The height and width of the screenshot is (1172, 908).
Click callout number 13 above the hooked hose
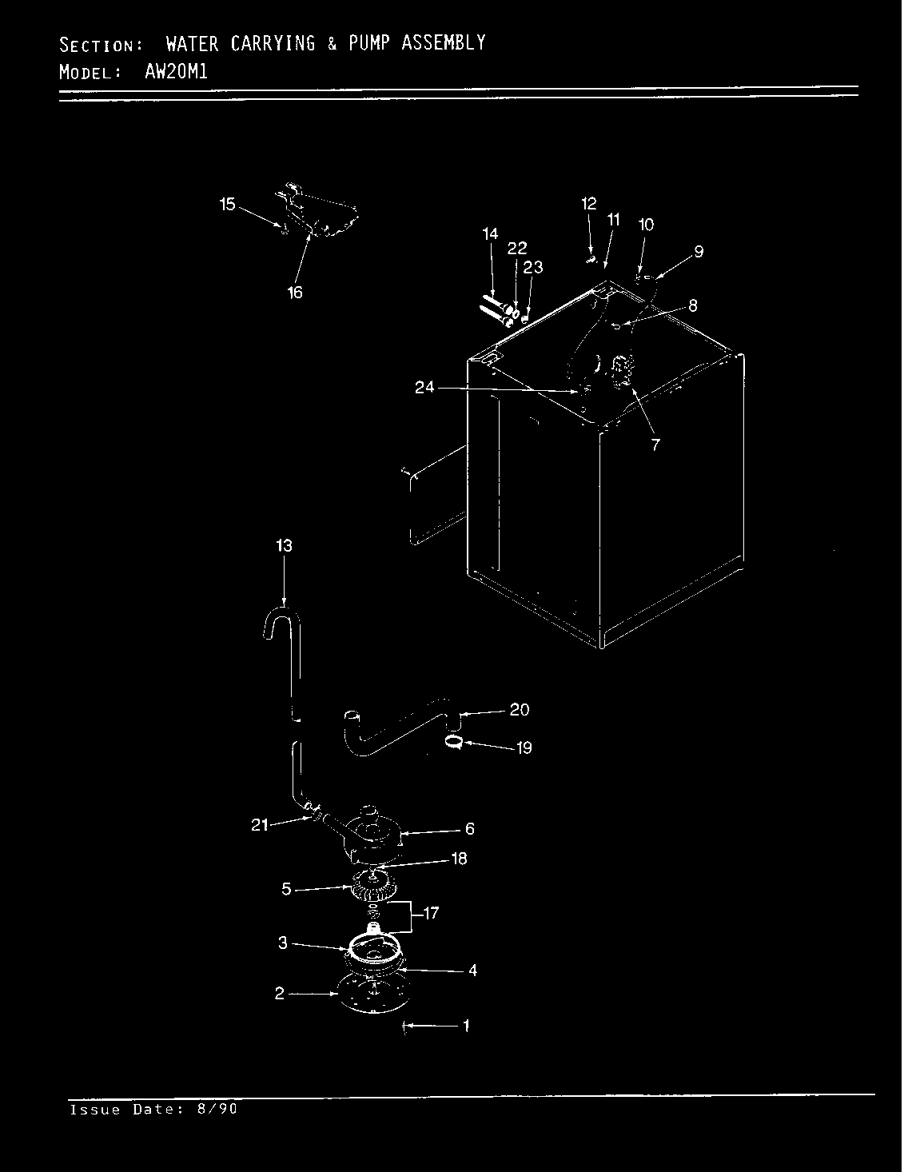[284, 546]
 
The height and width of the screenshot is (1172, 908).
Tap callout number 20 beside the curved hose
[520, 710]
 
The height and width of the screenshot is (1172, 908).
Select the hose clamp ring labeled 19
[454, 743]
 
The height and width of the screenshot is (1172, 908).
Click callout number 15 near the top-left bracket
[228, 205]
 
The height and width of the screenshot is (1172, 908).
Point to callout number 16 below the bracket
[295, 293]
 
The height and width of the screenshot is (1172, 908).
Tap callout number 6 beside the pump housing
[469, 829]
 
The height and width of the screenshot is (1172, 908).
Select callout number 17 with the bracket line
[431, 913]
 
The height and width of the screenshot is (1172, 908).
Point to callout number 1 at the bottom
[466, 1026]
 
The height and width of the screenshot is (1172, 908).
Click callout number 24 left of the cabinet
[424, 389]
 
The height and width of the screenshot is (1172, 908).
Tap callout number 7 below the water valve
[655, 445]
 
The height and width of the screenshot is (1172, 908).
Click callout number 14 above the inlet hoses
[490, 234]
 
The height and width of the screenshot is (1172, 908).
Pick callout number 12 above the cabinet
[588, 204]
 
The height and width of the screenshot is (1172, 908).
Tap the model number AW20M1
[176, 71]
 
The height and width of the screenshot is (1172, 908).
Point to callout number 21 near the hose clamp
[260, 825]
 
